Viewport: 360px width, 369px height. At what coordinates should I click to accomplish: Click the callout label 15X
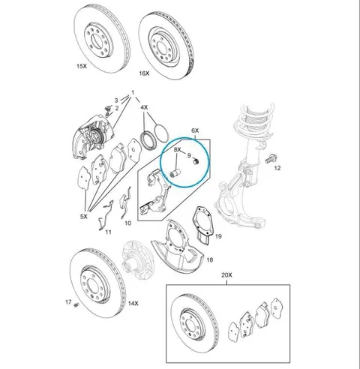[x=82, y=66]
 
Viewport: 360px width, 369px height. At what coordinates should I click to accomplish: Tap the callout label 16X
[x=144, y=73]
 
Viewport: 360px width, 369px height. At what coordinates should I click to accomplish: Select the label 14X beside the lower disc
[x=133, y=304]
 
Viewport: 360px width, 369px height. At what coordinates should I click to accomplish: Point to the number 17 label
[x=68, y=302]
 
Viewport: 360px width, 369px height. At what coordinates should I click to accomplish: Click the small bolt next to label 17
[x=76, y=305]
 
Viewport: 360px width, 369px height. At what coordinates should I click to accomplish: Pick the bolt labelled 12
[x=271, y=159]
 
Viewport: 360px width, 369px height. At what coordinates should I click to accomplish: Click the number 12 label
[x=277, y=168]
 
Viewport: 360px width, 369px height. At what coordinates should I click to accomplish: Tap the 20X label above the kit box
[x=226, y=275]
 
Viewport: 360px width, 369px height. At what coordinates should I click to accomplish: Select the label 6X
[x=195, y=130]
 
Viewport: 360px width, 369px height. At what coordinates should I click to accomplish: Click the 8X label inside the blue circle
[x=177, y=150]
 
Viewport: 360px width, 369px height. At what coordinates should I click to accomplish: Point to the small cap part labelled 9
[x=196, y=162]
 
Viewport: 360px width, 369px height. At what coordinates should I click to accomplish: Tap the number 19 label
[x=218, y=236]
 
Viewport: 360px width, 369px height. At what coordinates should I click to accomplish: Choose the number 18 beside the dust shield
[x=210, y=260]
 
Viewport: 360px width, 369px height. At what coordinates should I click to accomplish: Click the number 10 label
[x=127, y=223]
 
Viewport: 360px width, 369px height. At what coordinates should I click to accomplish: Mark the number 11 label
[x=108, y=232]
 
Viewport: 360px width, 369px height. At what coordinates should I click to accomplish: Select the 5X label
[x=84, y=217]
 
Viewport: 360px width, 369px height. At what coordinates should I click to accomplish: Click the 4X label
[x=144, y=107]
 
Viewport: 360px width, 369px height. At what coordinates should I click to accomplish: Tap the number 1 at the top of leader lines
[x=133, y=92]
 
